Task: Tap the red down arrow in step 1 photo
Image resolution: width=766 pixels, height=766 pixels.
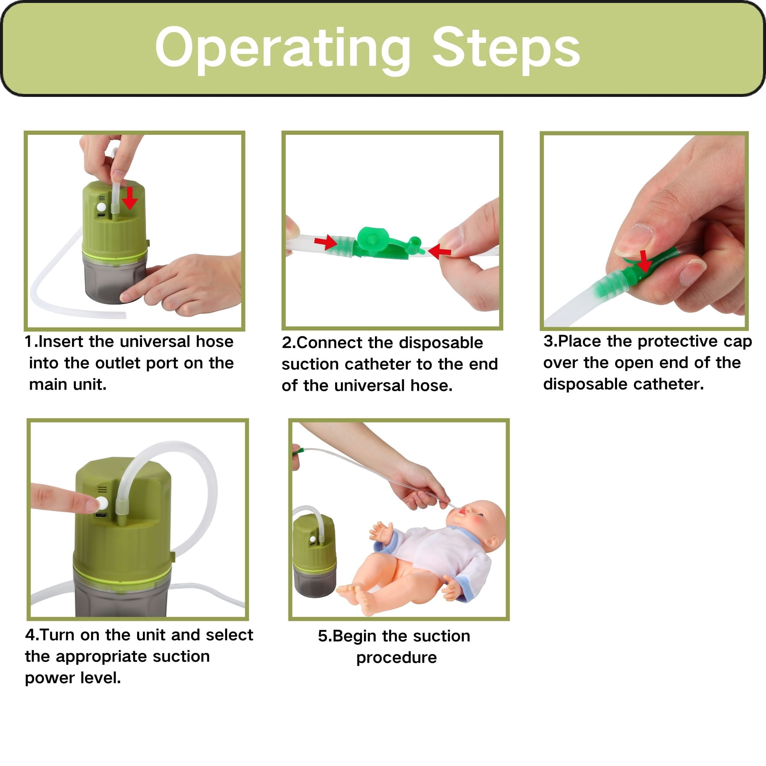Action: tap(129, 198)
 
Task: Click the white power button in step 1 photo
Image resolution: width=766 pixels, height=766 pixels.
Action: tap(102, 207)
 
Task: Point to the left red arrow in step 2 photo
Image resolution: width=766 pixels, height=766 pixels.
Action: tap(325, 242)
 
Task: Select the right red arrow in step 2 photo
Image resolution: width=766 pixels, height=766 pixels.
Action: tap(440, 251)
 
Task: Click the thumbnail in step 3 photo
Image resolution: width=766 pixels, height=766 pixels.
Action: tap(634, 240)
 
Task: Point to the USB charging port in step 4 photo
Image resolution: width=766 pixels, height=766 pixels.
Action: tap(101, 516)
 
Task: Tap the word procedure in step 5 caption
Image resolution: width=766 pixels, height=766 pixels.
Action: tap(396, 658)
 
